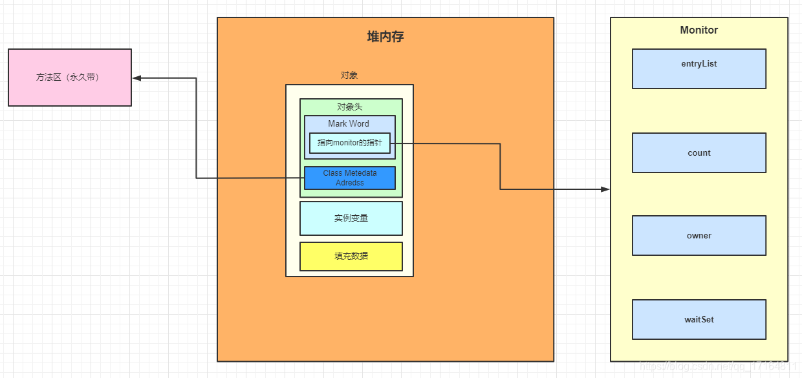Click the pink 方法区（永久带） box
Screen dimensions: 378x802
pyautogui.click(x=69, y=78)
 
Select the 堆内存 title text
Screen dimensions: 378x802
pyautogui.click(x=385, y=37)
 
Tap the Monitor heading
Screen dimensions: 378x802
pyautogui.click(x=699, y=30)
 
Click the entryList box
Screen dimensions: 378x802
pyautogui.click(x=699, y=68)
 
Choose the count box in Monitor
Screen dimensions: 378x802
pyautogui.click(x=699, y=153)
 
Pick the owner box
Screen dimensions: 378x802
pyautogui.click(x=699, y=236)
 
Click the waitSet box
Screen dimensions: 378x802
pyautogui.click(x=699, y=319)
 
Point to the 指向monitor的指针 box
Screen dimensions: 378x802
pyautogui.click(x=350, y=143)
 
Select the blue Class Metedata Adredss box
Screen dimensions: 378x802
pyautogui.click(x=350, y=178)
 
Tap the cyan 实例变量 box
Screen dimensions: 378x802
pyautogui.click(x=351, y=218)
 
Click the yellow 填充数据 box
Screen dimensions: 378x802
pyautogui.click(x=351, y=256)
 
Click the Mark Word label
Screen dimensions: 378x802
pyautogui.click(x=349, y=123)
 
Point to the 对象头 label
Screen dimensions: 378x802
pyautogui.click(x=350, y=107)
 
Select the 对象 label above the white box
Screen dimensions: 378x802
pyautogui.click(x=349, y=75)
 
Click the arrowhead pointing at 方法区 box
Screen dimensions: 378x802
pyautogui.click(x=136, y=78)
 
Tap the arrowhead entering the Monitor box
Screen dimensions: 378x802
pyautogui.click(x=605, y=189)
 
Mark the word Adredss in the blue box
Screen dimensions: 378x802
pyautogui.click(x=350, y=183)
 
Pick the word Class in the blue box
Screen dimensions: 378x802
pyautogui.click(x=332, y=173)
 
